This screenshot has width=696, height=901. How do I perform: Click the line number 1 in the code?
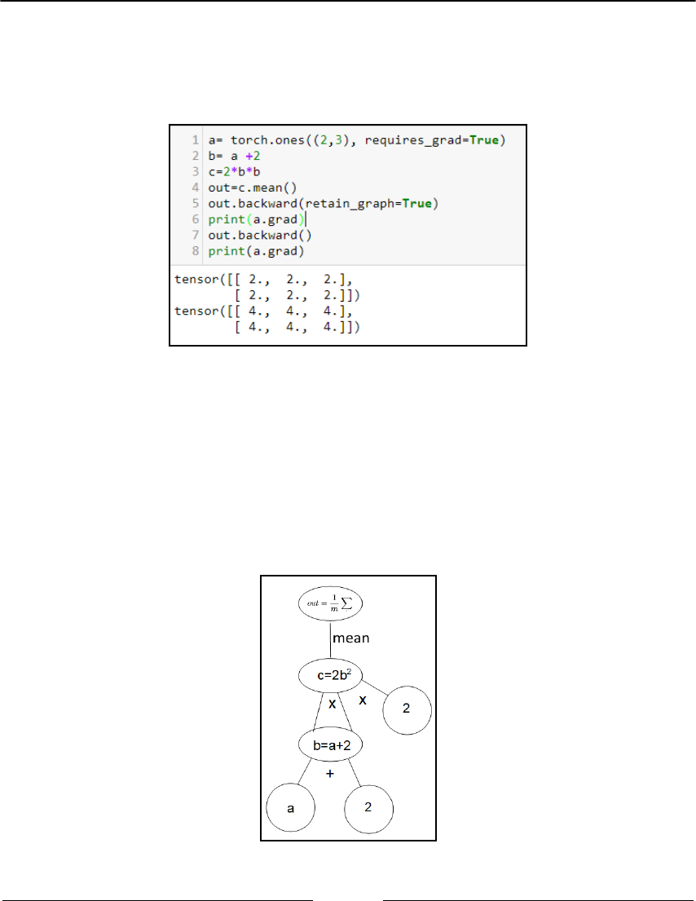point(197,141)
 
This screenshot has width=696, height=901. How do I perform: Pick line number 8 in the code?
point(197,250)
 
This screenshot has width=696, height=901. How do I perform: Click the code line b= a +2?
point(233,156)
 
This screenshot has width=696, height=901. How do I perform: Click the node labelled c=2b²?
point(330,674)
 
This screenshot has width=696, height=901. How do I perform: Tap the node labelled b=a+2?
point(330,745)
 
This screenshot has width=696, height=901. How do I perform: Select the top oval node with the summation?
point(329,604)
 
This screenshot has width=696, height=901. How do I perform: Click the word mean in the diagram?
point(351,638)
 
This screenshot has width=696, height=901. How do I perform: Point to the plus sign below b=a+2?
point(330,774)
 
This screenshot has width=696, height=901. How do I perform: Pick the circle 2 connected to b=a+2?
point(369,807)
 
